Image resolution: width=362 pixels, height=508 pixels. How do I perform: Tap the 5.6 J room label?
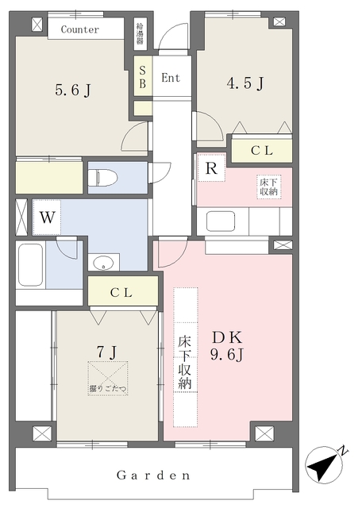[72, 90]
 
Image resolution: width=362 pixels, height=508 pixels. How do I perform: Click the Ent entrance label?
[171, 78]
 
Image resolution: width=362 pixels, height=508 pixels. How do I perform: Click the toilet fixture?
[107, 179]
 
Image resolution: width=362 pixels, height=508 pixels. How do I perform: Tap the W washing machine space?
[45, 216]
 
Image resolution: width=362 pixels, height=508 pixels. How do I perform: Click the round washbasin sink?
[102, 264]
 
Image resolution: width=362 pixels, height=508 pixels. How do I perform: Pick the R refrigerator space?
[211, 168]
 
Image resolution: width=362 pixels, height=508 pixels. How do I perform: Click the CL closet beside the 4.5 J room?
[262, 149]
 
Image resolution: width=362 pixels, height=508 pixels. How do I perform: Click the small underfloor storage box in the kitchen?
[268, 187]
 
